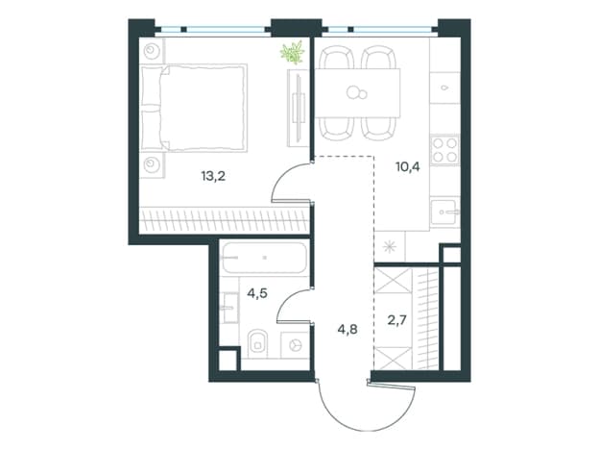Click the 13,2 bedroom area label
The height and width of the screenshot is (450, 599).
click(x=213, y=176)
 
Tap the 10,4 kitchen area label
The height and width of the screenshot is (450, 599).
click(x=408, y=166)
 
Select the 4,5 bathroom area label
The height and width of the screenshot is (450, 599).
click(x=257, y=293)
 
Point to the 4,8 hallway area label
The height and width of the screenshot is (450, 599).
click(x=347, y=329)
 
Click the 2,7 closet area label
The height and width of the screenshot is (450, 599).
click(x=397, y=319)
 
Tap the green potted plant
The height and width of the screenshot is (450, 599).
click(x=293, y=53)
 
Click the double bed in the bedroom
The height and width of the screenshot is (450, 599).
click(x=194, y=108)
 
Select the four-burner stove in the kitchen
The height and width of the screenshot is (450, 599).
click(x=444, y=150)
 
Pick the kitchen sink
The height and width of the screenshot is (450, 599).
click(x=444, y=212)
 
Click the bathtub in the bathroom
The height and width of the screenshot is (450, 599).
click(x=265, y=258)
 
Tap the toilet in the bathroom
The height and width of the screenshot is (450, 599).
click(x=258, y=343)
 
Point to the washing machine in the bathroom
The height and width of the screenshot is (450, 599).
click(x=295, y=345)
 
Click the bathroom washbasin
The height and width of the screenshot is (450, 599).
click(x=230, y=308)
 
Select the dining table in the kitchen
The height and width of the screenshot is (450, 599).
click(x=357, y=93)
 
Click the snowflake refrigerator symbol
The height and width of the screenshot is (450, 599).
click(x=390, y=247)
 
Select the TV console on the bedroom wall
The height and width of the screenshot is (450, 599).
click(x=298, y=108)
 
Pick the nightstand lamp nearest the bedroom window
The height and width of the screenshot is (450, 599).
click(x=152, y=51)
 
